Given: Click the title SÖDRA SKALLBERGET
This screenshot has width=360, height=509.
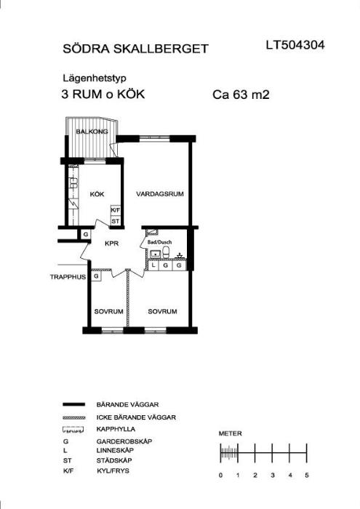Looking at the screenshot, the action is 135,49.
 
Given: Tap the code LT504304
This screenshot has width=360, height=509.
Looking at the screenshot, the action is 295,45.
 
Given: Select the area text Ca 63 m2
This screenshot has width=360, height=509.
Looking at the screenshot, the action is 241,95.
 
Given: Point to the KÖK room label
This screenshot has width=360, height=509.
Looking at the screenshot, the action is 97,194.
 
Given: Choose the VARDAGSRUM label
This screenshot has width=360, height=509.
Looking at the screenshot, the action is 160,194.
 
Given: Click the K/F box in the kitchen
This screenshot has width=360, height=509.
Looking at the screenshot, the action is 116,210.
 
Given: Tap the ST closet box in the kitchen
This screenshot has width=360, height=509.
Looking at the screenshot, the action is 116,221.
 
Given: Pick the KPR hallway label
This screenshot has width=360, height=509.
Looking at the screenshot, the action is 112,244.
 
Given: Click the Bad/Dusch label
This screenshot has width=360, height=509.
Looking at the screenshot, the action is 159,242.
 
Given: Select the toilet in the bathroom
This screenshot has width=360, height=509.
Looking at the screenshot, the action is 166,252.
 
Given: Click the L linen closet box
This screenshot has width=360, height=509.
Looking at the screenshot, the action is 153,266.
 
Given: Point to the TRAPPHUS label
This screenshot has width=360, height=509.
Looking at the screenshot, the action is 68,277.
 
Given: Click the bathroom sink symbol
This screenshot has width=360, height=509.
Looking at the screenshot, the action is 155,254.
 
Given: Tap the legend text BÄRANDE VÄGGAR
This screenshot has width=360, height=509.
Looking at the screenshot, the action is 127,405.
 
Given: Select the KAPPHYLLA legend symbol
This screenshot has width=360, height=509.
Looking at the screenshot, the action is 73,430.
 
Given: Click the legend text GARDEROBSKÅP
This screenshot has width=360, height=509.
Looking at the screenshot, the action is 124,441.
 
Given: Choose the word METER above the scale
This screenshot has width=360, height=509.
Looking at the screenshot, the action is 230,433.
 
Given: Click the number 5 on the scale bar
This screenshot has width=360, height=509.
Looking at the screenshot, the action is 307,476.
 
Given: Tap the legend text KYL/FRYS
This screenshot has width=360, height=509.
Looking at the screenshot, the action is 113,470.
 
